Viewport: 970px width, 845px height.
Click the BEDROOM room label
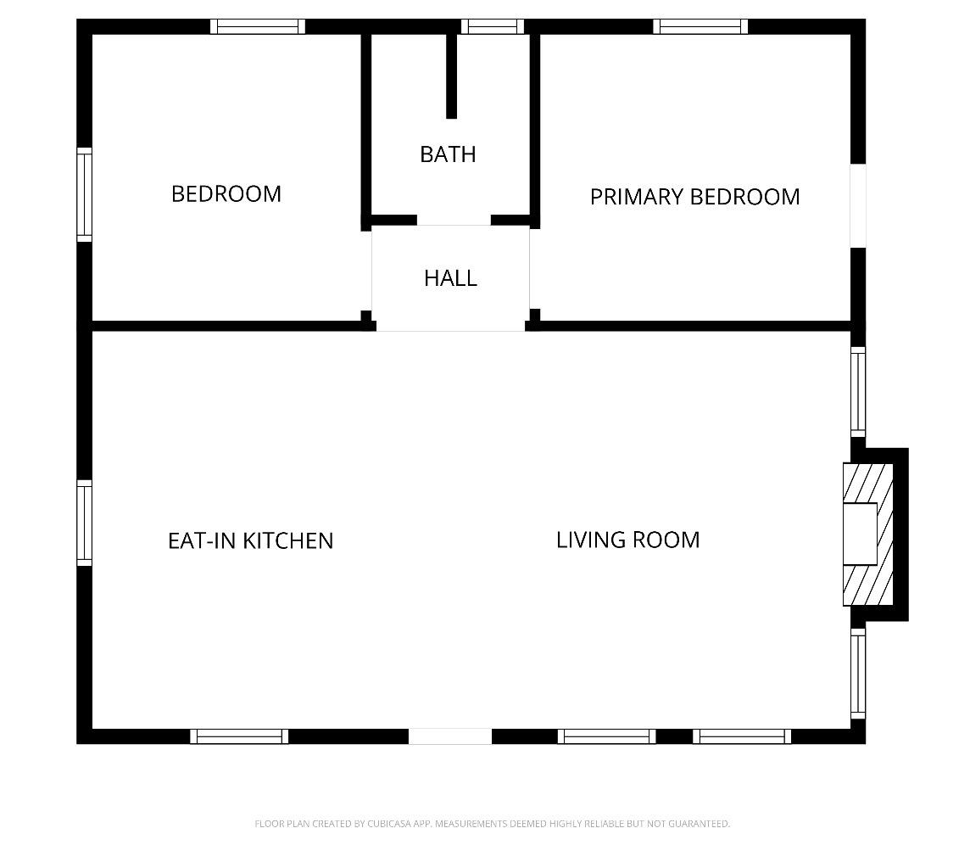tap(226, 194)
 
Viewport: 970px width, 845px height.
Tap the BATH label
tap(448, 154)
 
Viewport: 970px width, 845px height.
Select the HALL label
tap(450, 278)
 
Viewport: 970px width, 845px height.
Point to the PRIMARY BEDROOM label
tap(694, 197)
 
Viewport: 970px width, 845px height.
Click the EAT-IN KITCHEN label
tap(250, 540)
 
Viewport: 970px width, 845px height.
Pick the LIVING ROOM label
tap(627, 540)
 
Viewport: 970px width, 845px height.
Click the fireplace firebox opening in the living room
tap(859, 534)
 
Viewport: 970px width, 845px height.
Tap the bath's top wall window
tap(493, 26)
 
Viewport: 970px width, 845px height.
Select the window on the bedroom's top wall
tap(258, 26)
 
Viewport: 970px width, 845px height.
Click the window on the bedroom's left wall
tap(85, 194)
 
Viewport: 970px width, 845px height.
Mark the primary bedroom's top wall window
tap(700, 26)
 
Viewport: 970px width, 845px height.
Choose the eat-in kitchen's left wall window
tap(85, 523)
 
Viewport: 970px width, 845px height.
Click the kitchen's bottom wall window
tap(239, 736)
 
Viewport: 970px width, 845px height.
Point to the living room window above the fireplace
tap(858, 392)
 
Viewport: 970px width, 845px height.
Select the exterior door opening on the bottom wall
tap(450, 736)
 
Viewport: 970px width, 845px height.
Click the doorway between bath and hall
tap(454, 221)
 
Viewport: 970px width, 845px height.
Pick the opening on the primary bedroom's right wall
tap(858, 205)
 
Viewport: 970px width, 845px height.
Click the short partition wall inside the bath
tap(452, 76)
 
